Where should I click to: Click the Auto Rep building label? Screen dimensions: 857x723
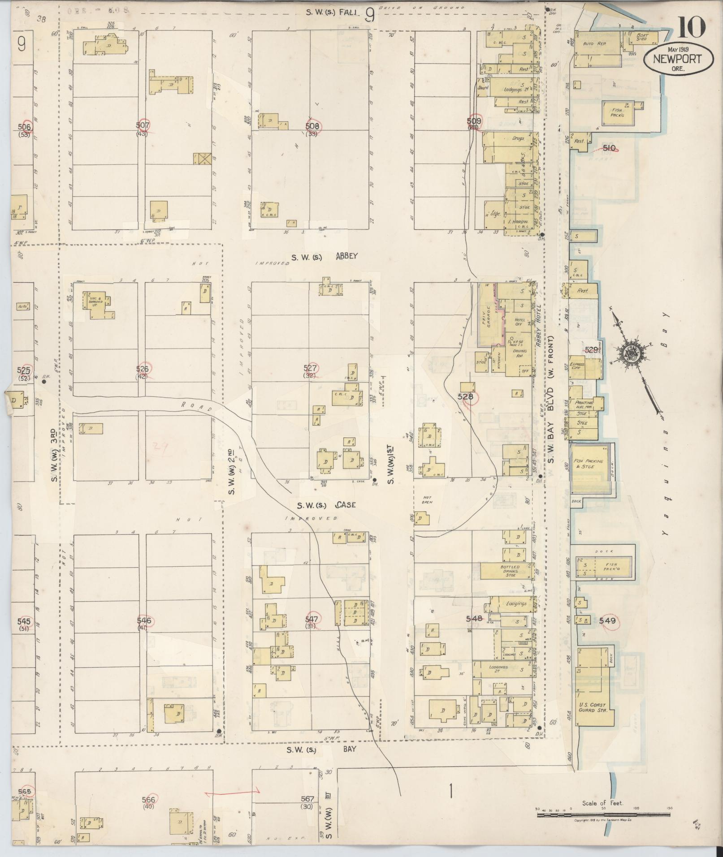[x=594, y=44]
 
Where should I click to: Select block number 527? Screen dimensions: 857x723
[x=310, y=368]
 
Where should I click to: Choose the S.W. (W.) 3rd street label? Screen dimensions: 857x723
[x=53, y=455]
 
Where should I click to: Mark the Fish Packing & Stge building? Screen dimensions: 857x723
[x=589, y=464]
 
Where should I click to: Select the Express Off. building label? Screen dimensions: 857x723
[x=577, y=367]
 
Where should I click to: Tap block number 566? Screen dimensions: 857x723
[x=148, y=800]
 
